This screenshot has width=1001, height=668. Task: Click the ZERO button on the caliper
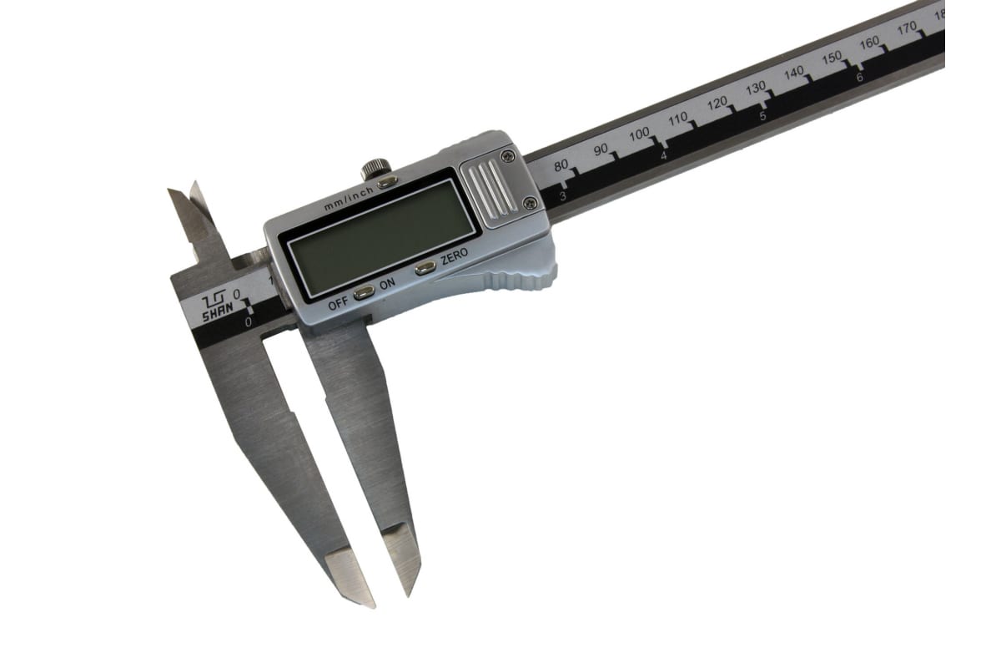coord(425,267)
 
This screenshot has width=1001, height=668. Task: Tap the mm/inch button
coord(387,182)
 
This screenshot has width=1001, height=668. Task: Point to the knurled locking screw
coord(376,169)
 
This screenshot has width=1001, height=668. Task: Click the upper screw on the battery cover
coord(508,157)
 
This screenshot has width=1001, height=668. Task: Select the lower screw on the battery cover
coord(530,203)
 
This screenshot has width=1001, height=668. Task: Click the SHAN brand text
coord(218,311)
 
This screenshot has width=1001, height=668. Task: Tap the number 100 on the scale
coord(639,134)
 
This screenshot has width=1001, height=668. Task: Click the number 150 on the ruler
coord(832,58)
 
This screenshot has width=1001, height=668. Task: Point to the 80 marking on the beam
coord(561,165)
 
